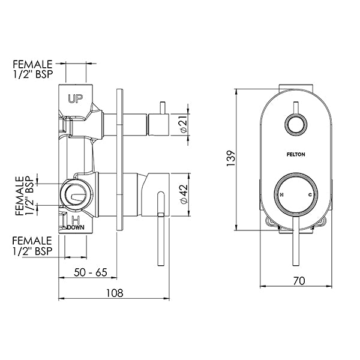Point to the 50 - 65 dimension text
coord(91,272)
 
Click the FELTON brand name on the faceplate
coord(296,154)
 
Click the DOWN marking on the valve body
coord(76,228)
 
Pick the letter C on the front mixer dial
coord(310,196)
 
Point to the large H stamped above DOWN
coord(76,219)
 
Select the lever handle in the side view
coord(160,228)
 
